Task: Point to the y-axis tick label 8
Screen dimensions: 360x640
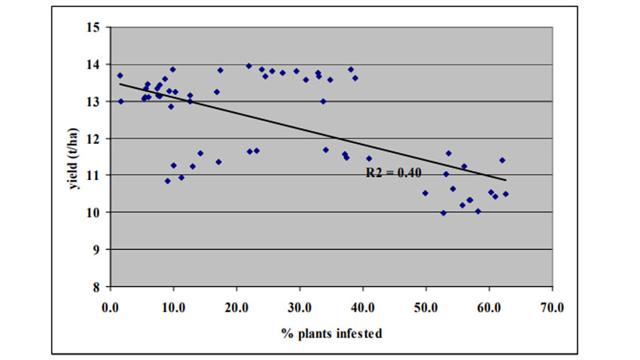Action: [97, 287]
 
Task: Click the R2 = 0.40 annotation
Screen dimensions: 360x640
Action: [394, 172]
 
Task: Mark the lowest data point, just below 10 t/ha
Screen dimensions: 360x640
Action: [443, 213]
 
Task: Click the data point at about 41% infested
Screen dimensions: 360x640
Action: [369, 158]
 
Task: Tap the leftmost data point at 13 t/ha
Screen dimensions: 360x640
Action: [120, 101]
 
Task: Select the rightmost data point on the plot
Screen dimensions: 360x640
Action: [506, 194]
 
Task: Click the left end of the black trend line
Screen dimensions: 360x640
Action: [120, 84]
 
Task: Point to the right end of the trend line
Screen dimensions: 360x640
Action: [506, 180]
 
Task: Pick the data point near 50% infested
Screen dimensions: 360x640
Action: [425, 193]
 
